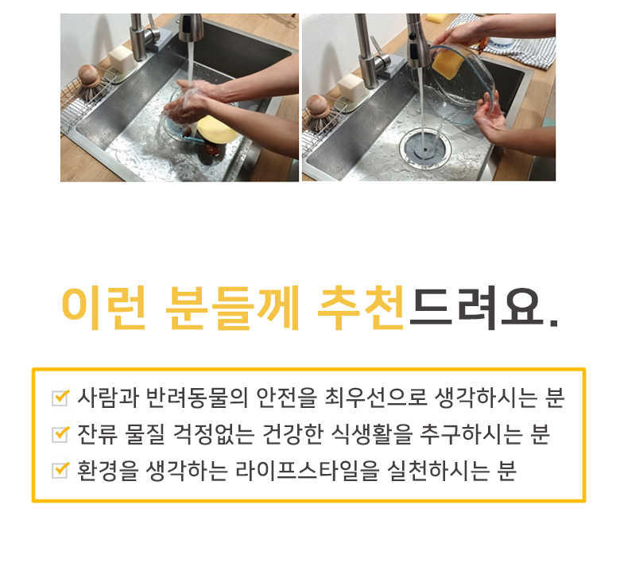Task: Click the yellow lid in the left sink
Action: (216, 129)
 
